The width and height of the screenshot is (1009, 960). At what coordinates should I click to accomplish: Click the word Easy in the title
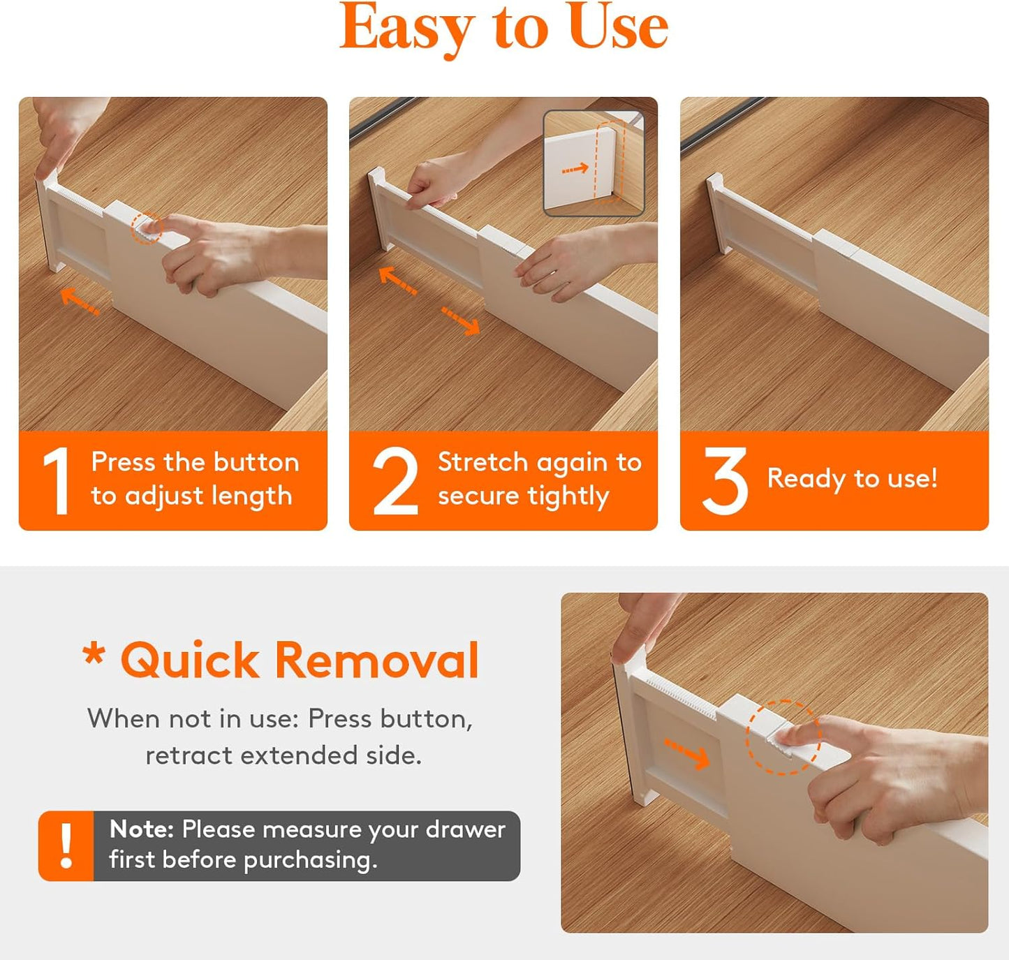click(x=406, y=28)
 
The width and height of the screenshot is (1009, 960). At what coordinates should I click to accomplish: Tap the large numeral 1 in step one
click(x=57, y=481)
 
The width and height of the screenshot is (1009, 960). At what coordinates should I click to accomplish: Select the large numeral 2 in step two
click(x=395, y=481)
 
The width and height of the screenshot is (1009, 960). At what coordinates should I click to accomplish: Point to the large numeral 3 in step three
click(x=725, y=481)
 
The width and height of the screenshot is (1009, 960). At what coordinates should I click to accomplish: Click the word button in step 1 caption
click(x=256, y=462)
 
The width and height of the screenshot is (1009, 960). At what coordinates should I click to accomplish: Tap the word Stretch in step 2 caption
click(x=483, y=462)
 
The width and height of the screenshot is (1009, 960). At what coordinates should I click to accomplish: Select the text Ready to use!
click(x=852, y=479)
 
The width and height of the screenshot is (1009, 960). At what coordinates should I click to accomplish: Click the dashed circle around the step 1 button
click(x=147, y=228)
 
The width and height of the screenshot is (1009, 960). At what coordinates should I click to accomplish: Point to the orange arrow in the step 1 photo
click(x=80, y=302)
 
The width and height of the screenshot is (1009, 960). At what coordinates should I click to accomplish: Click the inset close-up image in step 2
click(x=594, y=163)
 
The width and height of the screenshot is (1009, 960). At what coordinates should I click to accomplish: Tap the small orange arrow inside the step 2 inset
click(x=575, y=169)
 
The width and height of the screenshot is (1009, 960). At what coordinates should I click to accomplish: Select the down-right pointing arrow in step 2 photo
click(x=460, y=320)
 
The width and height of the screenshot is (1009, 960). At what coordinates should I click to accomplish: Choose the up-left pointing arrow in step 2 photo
click(x=397, y=281)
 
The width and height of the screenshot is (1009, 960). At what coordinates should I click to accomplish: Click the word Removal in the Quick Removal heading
click(x=376, y=660)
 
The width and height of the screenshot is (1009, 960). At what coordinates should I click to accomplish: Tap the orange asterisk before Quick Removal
click(x=94, y=654)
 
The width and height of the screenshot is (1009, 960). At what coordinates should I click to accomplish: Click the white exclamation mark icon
click(x=66, y=845)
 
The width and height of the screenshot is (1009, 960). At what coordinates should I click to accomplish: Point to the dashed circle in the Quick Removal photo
click(x=783, y=737)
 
